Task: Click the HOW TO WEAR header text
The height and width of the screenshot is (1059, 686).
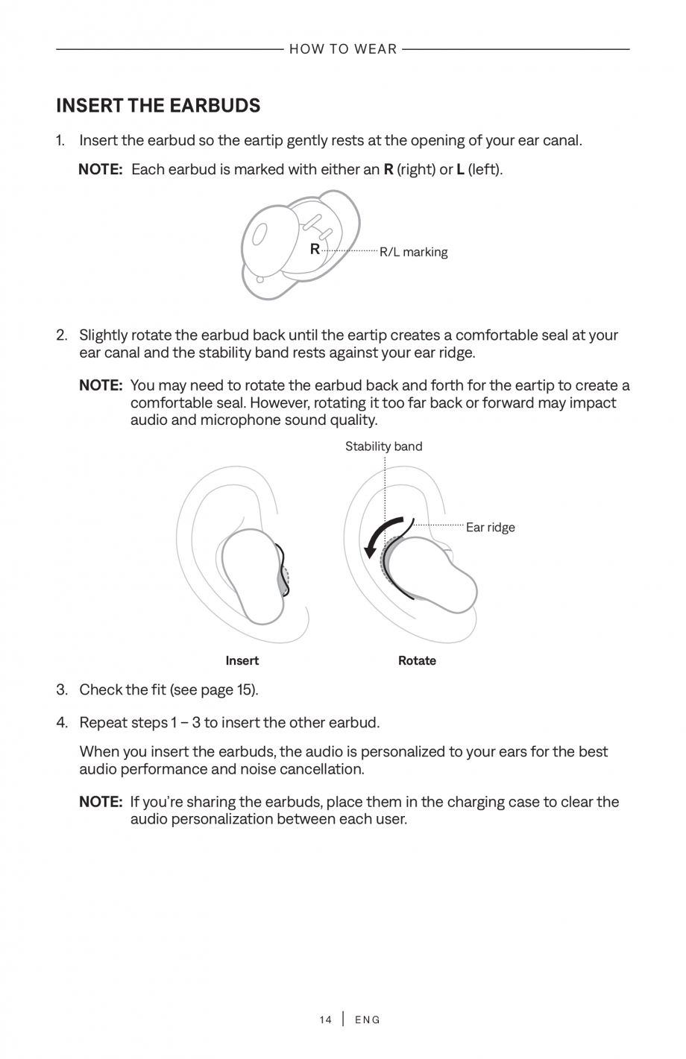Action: tap(343, 49)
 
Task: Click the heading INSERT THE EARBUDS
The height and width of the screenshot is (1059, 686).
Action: tap(158, 106)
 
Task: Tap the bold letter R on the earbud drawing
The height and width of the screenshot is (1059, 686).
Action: tap(315, 249)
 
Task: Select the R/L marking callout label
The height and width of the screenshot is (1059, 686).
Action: tap(414, 252)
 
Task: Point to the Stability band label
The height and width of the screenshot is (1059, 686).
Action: tap(383, 446)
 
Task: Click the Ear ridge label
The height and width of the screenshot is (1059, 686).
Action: tap(490, 528)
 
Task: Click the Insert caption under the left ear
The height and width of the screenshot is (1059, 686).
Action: tap(242, 660)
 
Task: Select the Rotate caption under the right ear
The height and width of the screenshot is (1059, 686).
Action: tap(417, 660)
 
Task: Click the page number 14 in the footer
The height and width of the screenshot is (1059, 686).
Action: tap(325, 1020)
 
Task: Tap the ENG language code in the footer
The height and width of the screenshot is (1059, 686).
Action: tap(368, 1020)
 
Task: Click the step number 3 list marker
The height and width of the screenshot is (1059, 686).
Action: tap(62, 689)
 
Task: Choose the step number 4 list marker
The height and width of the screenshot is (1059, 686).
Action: tap(62, 722)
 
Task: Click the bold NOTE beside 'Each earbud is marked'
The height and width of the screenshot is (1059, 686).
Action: tap(100, 169)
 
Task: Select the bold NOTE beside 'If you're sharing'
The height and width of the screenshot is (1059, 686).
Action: tap(101, 802)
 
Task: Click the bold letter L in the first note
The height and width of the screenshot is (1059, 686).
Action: tap(460, 169)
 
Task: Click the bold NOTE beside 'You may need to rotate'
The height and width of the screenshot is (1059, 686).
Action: tap(101, 385)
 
